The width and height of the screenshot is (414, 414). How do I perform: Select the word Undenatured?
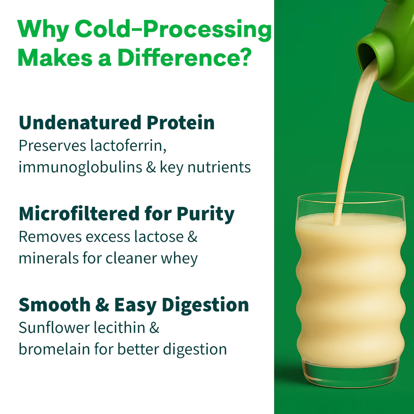80,123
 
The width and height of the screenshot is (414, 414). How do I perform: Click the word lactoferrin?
128,146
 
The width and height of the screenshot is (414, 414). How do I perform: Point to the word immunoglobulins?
80,168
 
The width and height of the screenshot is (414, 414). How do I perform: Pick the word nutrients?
219,168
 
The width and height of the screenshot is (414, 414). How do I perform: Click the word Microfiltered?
79,214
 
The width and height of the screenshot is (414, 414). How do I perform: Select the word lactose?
159,236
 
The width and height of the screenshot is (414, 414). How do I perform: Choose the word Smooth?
55,304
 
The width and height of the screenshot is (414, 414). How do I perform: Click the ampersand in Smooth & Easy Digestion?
102,304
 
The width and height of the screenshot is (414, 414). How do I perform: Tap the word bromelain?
54,349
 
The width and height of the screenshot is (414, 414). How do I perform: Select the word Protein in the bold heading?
181,123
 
